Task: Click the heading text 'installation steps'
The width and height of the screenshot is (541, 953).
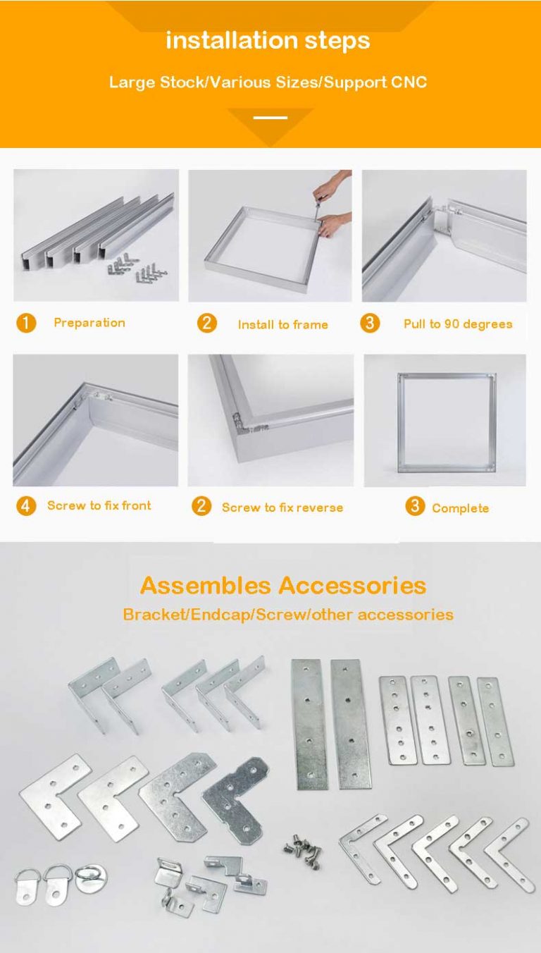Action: (x=268, y=40)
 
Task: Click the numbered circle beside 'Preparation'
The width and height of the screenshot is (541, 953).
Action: (x=26, y=324)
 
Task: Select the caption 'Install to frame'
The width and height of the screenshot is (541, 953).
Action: (x=282, y=325)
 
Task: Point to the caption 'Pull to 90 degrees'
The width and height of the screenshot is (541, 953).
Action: (x=458, y=324)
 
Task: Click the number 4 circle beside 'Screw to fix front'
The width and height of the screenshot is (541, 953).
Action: (x=26, y=505)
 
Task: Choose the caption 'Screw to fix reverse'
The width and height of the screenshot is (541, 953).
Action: (x=282, y=508)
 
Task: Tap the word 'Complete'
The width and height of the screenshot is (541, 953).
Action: (x=460, y=508)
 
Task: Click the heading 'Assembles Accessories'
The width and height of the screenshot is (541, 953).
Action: (x=282, y=586)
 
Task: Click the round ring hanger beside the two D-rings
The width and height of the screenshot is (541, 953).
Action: (x=92, y=878)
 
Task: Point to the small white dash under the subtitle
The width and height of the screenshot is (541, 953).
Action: (x=270, y=117)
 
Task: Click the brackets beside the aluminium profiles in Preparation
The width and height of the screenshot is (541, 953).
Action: (x=137, y=269)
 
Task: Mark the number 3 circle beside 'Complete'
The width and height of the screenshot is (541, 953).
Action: (x=416, y=506)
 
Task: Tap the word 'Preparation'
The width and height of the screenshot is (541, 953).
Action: (x=89, y=323)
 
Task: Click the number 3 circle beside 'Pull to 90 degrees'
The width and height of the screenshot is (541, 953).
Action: (x=370, y=324)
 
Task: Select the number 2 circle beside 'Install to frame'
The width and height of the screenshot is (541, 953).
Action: (x=206, y=324)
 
